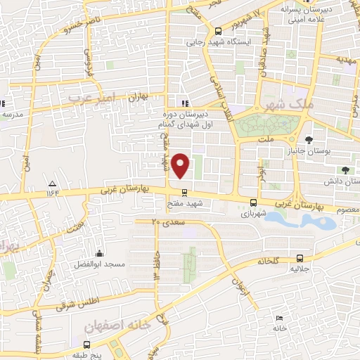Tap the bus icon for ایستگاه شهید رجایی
coord(219,31)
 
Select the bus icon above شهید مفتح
coord(184,192)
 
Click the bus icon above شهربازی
coord(253,202)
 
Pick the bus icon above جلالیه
coord(300,258)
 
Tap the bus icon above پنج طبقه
coord(86,345)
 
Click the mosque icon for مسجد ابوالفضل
coord(100,254)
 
